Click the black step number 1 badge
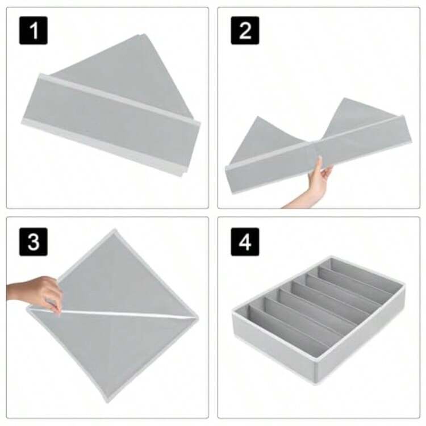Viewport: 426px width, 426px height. [x=34, y=31]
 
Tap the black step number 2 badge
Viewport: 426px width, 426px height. [x=245, y=31]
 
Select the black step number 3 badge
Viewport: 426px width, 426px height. [x=34, y=242]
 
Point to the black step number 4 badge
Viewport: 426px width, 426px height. [x=245, y=242]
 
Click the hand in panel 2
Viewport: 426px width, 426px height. [x=319, y=177]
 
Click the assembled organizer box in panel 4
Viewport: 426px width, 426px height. [x=319, y=320]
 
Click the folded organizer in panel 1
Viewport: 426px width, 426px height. [x=111, y=106]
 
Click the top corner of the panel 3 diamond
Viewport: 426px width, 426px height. [x=115, y=230]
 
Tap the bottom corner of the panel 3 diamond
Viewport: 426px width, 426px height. [x=107, y=401]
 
